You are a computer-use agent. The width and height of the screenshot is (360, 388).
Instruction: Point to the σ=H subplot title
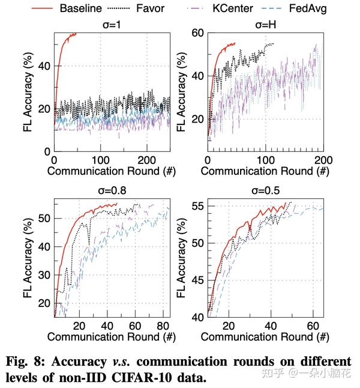265,25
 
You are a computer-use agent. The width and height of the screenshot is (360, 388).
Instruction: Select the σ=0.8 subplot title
112,190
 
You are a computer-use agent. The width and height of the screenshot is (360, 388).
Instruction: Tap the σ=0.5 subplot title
265,190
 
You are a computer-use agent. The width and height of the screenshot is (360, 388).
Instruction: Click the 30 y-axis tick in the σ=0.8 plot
43,274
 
